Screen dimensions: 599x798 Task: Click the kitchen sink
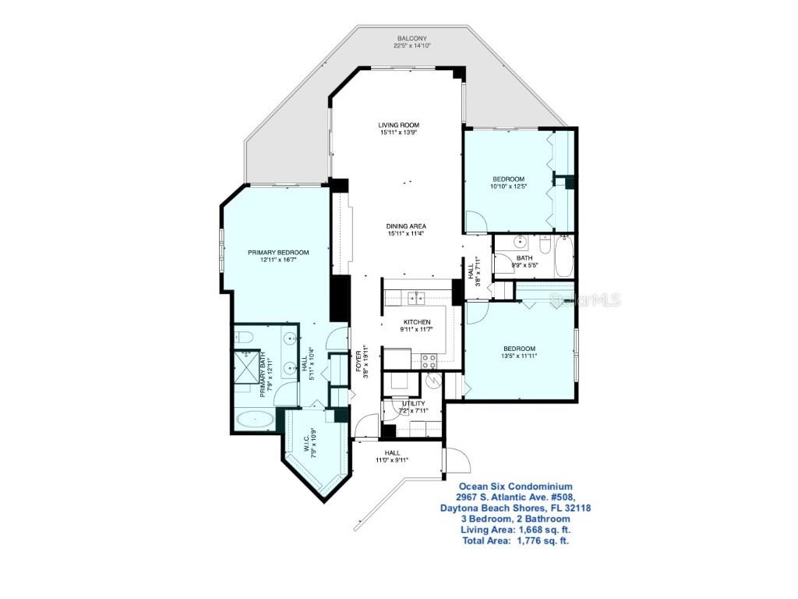click(x=416, y=296)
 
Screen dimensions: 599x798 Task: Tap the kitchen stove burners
click(x=429, y=360)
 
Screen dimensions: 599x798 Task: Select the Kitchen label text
click(x=416, y=321)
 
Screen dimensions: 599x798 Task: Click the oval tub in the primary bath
click(x=255, y=420)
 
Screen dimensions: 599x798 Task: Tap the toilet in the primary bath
click(x=242, y=337)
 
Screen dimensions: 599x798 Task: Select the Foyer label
click(x=360, y=363)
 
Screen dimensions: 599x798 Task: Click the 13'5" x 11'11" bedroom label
click(x=518, y=352)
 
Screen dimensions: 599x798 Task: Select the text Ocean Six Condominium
click(x=514, y=486)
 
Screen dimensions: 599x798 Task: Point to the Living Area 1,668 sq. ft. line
click(x=514, y=530)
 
